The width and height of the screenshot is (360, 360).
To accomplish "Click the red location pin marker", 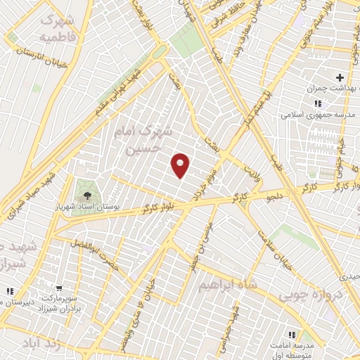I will [x=181, y=165].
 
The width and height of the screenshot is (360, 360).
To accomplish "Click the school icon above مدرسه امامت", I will [x=291, y=334].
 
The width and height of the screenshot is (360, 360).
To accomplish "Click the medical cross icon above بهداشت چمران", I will [x=340, y=77].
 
